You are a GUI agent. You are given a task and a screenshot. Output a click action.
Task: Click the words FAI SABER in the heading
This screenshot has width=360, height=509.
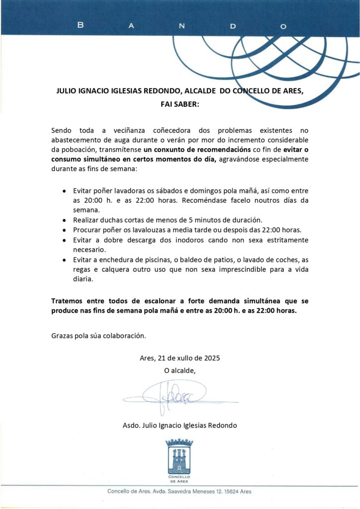pos(180,105)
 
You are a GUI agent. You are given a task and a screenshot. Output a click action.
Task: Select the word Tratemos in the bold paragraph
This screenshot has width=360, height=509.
pos(67,301)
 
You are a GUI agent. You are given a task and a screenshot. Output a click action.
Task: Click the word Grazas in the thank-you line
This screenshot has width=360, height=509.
pos(62,336)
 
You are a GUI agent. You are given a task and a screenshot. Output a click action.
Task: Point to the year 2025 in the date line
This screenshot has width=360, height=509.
pos(211,358)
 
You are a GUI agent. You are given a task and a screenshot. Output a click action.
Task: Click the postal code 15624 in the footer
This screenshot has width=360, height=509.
pos(230,491)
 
